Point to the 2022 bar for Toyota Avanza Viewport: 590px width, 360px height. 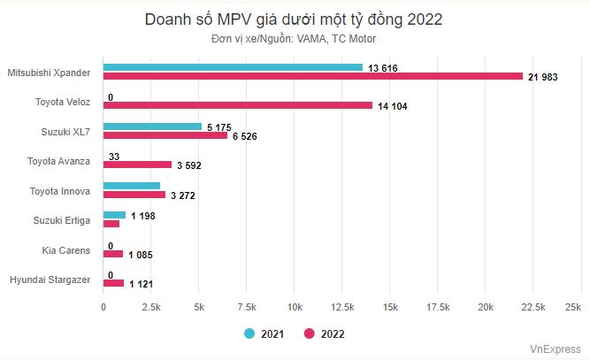click(137, 165)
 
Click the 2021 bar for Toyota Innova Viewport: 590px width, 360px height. click(132, 186)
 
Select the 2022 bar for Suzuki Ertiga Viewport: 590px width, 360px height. click(111, 224)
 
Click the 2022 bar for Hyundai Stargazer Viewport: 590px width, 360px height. click(113, 283)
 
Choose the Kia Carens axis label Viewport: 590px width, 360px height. click(66, 250)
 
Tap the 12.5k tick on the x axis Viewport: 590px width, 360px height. click(342, 306)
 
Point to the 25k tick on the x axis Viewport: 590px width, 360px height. click(572, 306)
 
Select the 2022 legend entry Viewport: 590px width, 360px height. click(325, 333)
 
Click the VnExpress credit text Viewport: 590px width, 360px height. click(556, 349)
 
